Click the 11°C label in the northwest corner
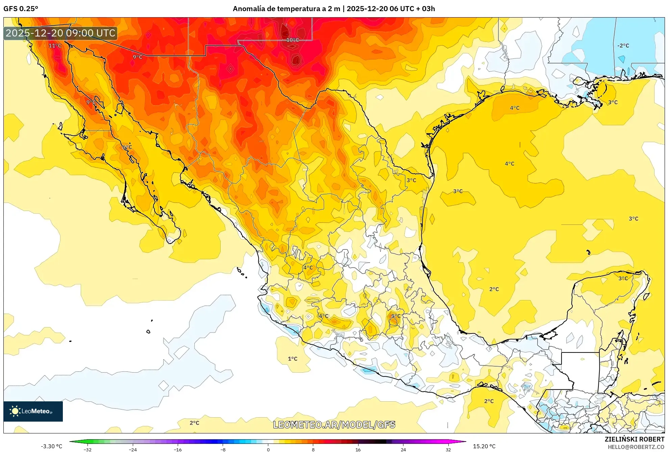[x=55, y=46]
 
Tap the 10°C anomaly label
[x=293, y=40]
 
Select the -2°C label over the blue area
[x=623, y=46]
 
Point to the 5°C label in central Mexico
[x=396, y=316]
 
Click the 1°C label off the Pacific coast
[x=293, y=359]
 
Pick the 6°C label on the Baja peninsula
[x=127, y=147]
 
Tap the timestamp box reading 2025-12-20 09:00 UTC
[x=60, y=33]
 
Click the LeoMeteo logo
[x=33, y=411]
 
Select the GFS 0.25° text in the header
[x=21, y=9]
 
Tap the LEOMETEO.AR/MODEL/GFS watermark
[x=334, y=425]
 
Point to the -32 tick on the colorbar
[x=88, y=449]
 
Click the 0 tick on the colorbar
[x=268, y=449]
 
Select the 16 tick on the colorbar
[x=358, y=449]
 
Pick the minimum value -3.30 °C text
[x=52, y=446]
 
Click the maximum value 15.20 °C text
[x=484, y=446]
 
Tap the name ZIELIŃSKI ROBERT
[x=634, y=439]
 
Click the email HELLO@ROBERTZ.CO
[x=636, y=447]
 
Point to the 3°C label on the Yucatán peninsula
[x=623, y=278]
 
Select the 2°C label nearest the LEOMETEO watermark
[x=194, y=423]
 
